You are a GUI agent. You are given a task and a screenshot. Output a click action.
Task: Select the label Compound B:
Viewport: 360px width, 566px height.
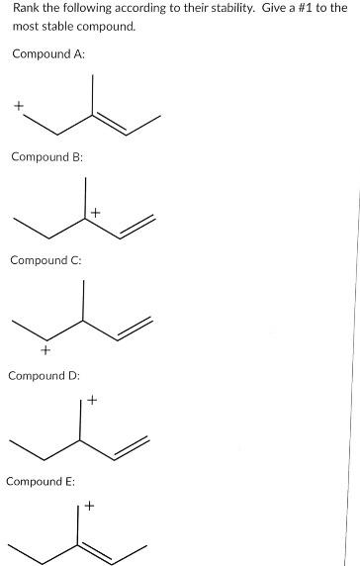(46, 156)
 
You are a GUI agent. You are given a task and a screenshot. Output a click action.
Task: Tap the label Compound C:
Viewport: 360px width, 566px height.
(46, 260)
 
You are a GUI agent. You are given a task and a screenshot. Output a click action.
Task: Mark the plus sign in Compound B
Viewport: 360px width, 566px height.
(95, 213)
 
